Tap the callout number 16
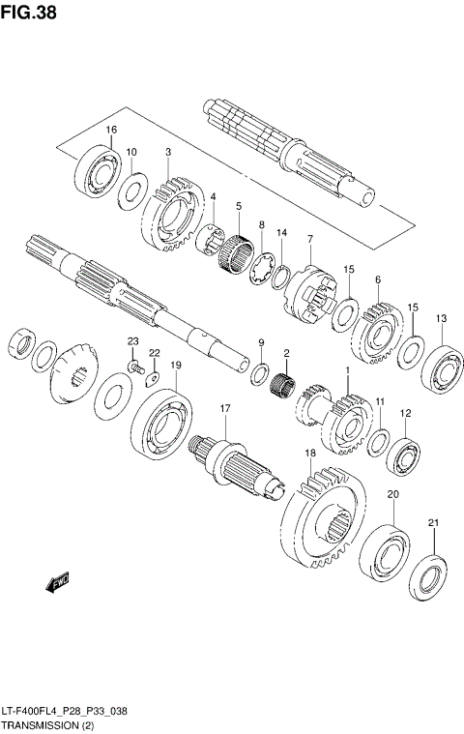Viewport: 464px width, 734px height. tap(112, 130)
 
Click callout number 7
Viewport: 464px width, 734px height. tap(310, 239)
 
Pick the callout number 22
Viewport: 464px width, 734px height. tap(153, 352)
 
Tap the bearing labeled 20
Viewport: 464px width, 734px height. tap(387, 554)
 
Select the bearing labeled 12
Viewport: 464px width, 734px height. tap(403, 455)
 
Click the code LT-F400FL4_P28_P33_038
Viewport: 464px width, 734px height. tap(64, 710)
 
